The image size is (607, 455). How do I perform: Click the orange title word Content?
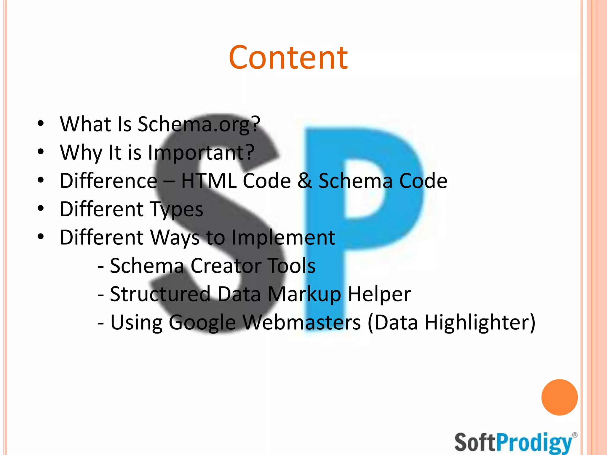tap(288, 58)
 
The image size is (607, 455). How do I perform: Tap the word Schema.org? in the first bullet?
tap(199, 124)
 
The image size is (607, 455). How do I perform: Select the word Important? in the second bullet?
tap(201, 153)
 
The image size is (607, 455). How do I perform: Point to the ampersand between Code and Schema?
tap(304, 181)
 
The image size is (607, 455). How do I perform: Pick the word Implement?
tap(283, 238)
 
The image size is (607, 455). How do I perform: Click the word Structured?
tap(160, 294)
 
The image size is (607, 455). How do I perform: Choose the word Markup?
tap(304, 294)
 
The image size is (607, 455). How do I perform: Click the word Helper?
tap(379, 294)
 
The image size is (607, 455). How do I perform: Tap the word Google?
tap(202, 323)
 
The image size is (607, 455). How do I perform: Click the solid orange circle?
tap(559, 397)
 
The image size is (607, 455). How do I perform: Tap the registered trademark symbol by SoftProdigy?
tap(575, 435)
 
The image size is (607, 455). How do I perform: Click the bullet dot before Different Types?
tap(41, 209)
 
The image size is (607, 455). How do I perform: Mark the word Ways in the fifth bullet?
tap(175, 238)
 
